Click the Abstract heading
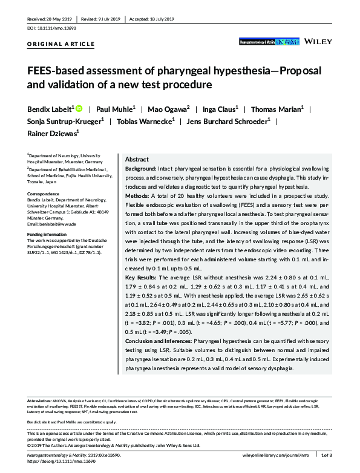(137, 158)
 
